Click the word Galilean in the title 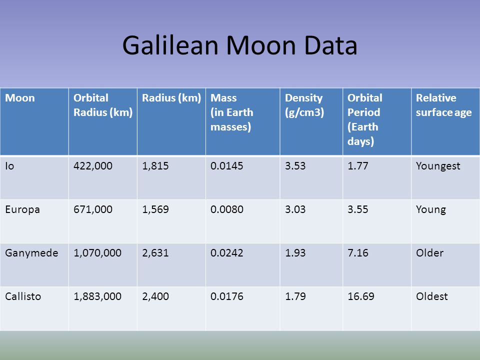click(x=170, y=45)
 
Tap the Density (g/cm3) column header click(x=304, y=105)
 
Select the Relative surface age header click(x=443, y=105)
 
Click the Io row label click(x=9, y=166)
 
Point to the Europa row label click(x=22, y=209)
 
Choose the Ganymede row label click(x=31, y=253)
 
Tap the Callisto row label click(x=23, y=296)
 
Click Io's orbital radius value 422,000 click(x=93, y=166)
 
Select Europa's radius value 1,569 click(x=155, y=209)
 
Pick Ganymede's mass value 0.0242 click(x=227, y=253)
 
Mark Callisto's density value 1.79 click(x=295, y=296)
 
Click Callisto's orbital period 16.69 click(x=360, y=296)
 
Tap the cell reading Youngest click(x=438, y=166)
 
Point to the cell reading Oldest click(x=431, y=296)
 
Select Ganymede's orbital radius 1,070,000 click(x=97, y=253)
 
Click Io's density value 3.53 click(x=295, y=166)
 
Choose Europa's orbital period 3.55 click(x=357, y=209)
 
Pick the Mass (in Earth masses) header click(x=231, y=112)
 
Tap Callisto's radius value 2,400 click(x=155, y=296)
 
